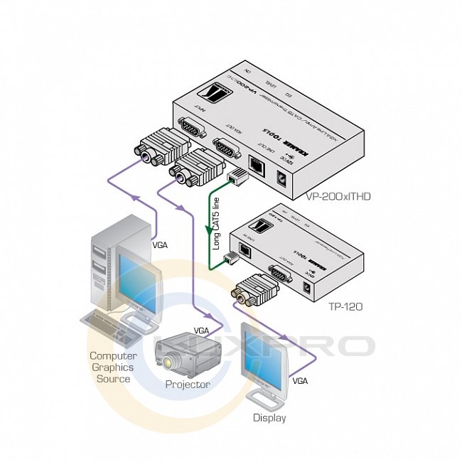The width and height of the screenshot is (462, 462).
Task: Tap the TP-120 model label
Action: [x=346, y=307]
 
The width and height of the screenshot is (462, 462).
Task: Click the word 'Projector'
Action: [x=188, y=385]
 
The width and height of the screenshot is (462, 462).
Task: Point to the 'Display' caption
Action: [x=269, y=418]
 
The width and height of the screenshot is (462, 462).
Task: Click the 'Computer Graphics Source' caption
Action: [x=113, y=367]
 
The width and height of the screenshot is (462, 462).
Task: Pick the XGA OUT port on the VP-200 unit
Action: [x=225, y=148]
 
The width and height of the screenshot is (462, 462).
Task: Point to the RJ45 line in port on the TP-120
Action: [x=244, y=250]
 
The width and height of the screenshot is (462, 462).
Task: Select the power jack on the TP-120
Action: [x=307, y=288]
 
